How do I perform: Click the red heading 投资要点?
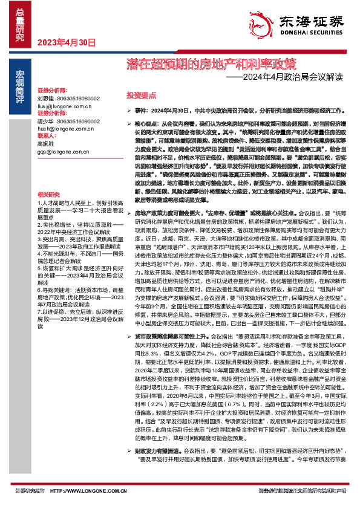tap(141, 96)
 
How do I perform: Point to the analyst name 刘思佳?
tap(45, 97)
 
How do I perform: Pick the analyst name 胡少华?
tap(45, 122)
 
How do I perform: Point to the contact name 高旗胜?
tap(45, 144)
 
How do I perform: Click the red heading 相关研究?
tap(48, 194)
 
